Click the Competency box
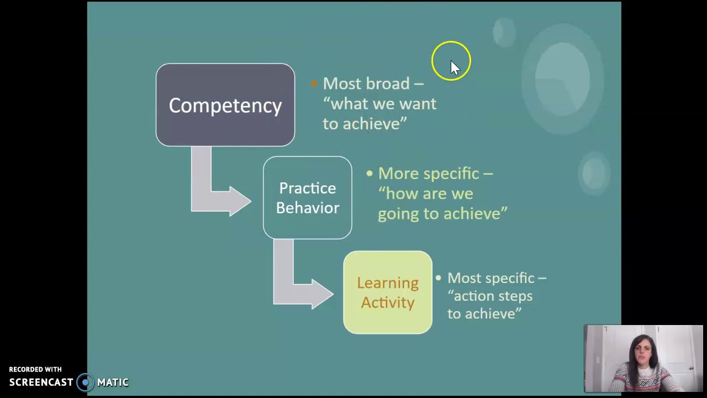coord(225,105)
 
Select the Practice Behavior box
coord(307,198)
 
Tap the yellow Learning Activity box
coord(387,292)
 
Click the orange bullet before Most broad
coord(314,83)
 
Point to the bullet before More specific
coord(370,174)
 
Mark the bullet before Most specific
coord(439,278)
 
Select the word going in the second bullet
coord(398,214)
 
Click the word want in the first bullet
coord(418,104)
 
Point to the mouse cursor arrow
coord(455,67)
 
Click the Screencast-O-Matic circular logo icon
coord(85,382)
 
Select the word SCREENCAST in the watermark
coord(41,382)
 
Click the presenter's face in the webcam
coord(642,354)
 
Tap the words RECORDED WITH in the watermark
coord(35,369)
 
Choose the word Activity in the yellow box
coord(387,302)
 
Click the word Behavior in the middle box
coord(308,208)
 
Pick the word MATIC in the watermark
coord(113,382)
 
